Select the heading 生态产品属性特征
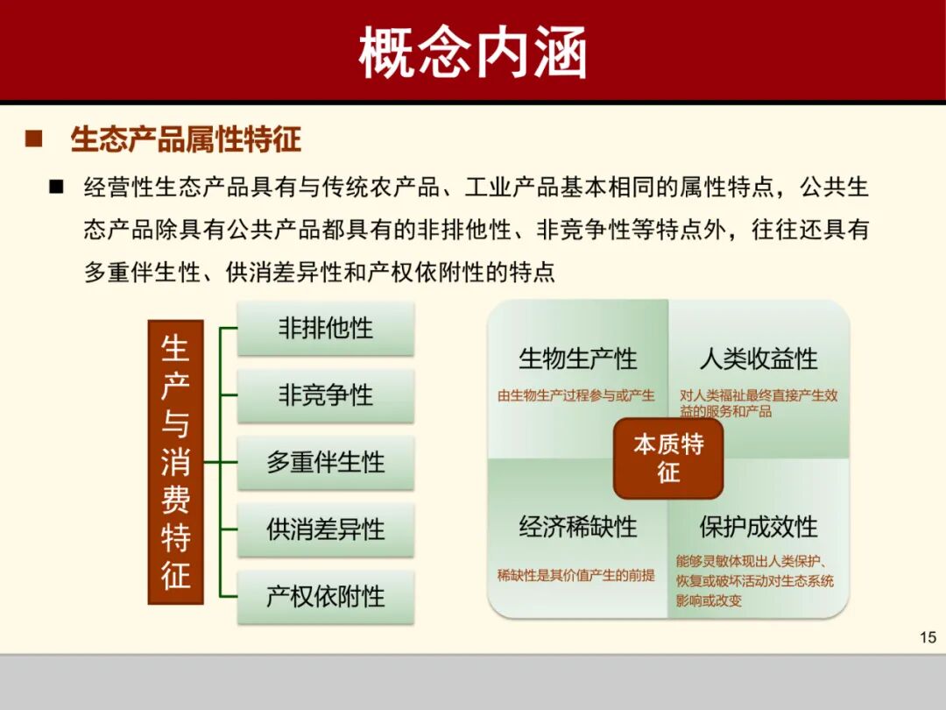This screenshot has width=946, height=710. tap(186, 139)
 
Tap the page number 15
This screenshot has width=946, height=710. tap(928, 637)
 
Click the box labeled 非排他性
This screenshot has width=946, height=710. tap(325, 329)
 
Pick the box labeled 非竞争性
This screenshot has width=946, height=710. tap(325, 395)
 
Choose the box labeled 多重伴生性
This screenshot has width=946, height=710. tap(325, 463)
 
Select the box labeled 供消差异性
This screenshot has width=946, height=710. tap(325, 529)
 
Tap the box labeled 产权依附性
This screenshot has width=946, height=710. tap(325, 597)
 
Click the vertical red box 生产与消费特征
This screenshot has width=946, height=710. tap(175, 462)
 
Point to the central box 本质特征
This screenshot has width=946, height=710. tap(668, 458)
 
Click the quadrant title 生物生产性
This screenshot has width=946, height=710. tap(578, 359)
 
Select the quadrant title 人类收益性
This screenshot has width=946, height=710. tap(759, 359)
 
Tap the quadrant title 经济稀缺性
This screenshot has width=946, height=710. tap(578, 527)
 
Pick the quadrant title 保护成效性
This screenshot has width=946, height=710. tap(759, 527)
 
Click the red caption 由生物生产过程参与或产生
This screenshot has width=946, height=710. tap(576, 395)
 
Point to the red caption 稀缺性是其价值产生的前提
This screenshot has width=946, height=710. tap(576, 575)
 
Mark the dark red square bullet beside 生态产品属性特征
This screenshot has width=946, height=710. tap(34, 139)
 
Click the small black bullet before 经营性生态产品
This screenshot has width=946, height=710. tap(57, 187)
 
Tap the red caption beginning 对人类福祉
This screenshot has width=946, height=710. tap(759, 403)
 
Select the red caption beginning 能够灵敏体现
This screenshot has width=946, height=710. tap(755, 580)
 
